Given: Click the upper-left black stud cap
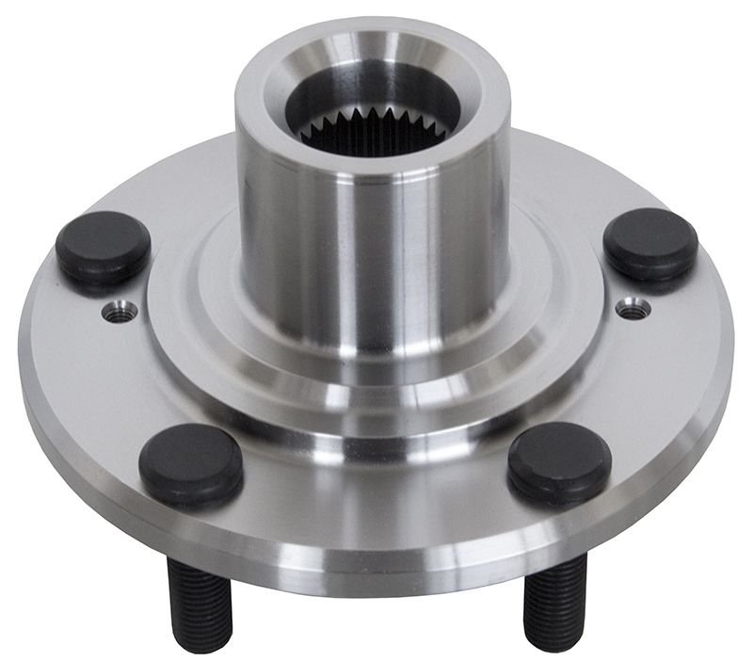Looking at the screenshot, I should point(103,247).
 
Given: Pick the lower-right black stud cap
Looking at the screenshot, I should point(559,460).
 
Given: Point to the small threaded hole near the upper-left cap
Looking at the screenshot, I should point(120,311).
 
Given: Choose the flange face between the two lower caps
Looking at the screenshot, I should point(376,490).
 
